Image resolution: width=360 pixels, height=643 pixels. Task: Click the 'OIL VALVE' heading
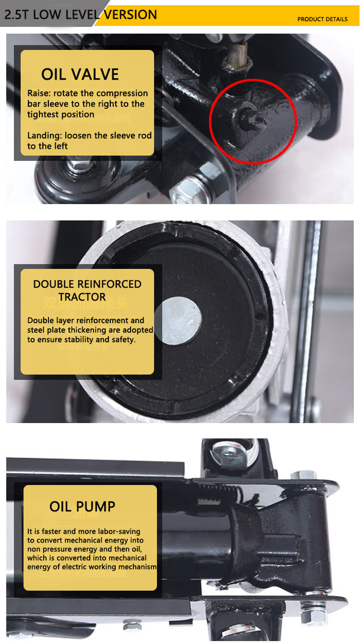pyautogui.click(x=80, y=74)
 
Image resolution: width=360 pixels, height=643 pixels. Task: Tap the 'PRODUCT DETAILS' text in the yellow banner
pyautogui.click(x=322, y=19)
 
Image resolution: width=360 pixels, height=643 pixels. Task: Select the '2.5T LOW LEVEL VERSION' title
pyautogui.click(x=80, y=14)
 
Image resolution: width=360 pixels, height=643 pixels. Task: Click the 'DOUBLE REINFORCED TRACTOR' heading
pyautogui.click(x=87, y=290)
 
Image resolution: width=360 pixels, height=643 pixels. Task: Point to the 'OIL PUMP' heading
pyautogui.click(x=82, y=507)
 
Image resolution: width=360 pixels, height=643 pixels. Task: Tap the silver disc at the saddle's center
pyautogui.click(x=178, y=321)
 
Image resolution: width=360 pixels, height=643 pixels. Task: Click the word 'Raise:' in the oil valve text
pyautogui.click(x=39, y=93)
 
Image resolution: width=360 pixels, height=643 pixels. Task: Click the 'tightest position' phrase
pyautogui.click(x=60, y=114)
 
